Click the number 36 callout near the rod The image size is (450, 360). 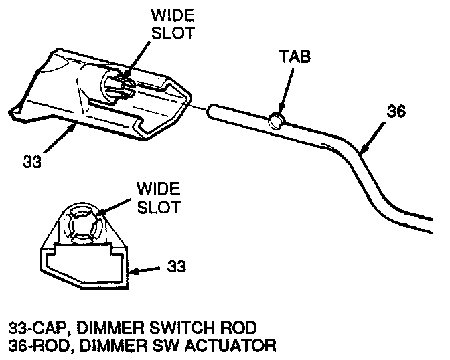(396, 112)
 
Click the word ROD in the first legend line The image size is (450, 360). (240, 328)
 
